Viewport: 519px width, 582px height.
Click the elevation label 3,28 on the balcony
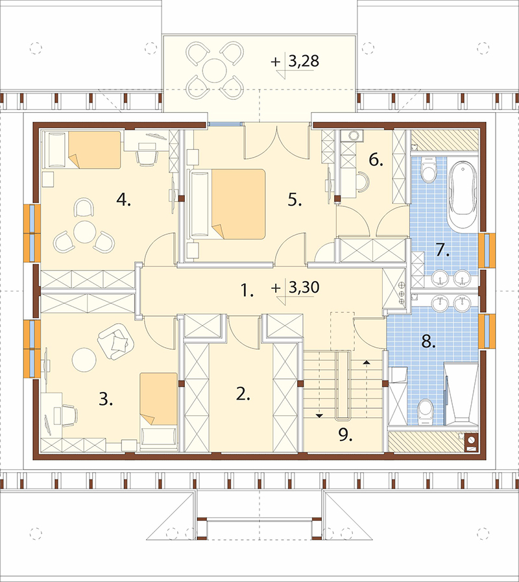[304, 61]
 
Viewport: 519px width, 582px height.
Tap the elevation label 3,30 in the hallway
[304, 287]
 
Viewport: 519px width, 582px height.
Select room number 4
[123, 200]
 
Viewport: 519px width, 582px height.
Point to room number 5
[295, 200]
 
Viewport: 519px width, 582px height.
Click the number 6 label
[376, 160]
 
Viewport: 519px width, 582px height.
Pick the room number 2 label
[243, 394]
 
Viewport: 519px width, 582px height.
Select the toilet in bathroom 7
[429, 170]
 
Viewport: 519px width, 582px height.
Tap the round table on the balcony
[214, 70]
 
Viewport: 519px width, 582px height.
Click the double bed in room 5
[228, 204]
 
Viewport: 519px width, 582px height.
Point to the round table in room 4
[85, 232]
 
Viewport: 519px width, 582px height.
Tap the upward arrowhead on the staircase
[367, 361]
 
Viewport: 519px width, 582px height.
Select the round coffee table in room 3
[84, 359]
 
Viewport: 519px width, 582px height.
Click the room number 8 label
[428, 342]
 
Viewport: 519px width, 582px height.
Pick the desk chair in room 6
[363, 182]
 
